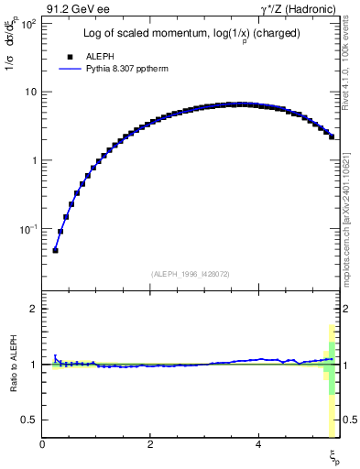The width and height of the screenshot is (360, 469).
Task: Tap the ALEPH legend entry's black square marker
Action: point(69,57)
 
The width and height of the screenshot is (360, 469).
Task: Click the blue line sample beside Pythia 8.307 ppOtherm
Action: point(69,69)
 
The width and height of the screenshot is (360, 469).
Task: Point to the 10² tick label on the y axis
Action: point(28,23)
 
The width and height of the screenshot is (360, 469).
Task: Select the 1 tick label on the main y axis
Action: point(34,160)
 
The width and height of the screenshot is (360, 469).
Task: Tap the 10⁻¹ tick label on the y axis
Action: point(28,228)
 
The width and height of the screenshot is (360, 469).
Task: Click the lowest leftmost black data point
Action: point(55,250)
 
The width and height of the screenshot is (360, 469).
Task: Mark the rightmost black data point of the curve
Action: point(331,137)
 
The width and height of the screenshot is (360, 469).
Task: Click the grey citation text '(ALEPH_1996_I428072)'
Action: point(190,274)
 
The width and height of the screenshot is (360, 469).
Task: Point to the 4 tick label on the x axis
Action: point(258,446)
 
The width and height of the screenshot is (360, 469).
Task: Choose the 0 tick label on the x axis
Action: point(43,446)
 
